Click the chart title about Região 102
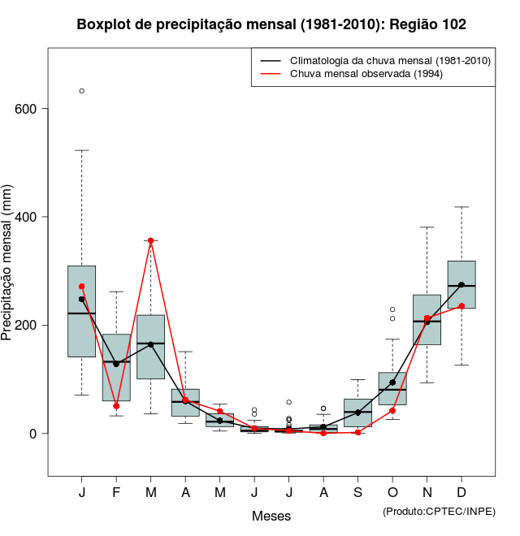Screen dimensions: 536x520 click(271, 24)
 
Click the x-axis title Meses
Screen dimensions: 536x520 click(271, 516)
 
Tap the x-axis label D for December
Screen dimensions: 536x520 click(461, 493)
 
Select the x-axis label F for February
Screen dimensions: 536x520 click(116, 493)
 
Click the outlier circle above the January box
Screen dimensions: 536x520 click(81, 91)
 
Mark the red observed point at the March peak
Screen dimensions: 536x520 click(151, 241)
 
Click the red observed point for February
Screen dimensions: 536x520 click(116, 406)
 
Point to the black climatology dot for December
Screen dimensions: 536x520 click(461, 285)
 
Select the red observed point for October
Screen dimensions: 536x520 click(392, 411)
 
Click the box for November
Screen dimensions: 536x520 click(427, 320)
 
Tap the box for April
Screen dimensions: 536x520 click(185, 403)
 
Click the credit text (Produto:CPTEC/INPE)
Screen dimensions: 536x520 click(439, 511)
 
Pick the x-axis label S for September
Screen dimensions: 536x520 click(357, 493)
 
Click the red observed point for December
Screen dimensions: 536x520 click(461, 306)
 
